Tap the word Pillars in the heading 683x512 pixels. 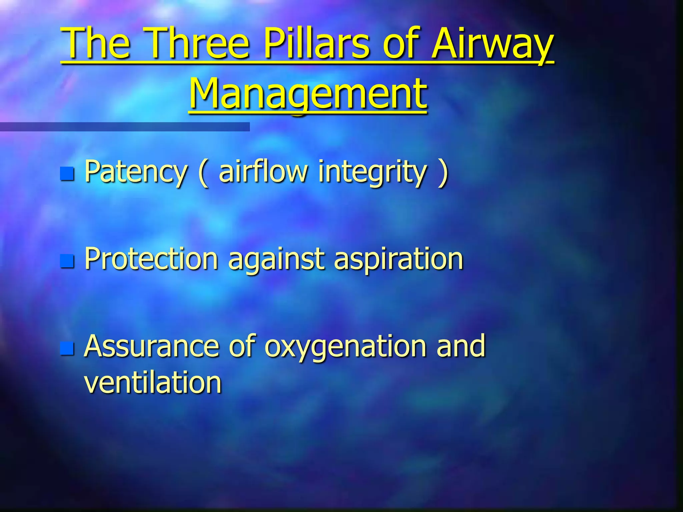pyautogui.click(x=316, y=43)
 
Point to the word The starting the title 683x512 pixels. pyautogui.click(x=97, y=43)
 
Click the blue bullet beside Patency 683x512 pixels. pyautogui.click(x=67, y=173)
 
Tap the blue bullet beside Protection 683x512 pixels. pyautogui.click(x=67, y=261)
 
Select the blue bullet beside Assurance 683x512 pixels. pyautogui.click(x=67, y=348)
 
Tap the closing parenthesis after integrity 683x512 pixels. pyautogui.click(x=443, y=172)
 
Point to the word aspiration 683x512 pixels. pyautogui.click(x=398, y=259)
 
